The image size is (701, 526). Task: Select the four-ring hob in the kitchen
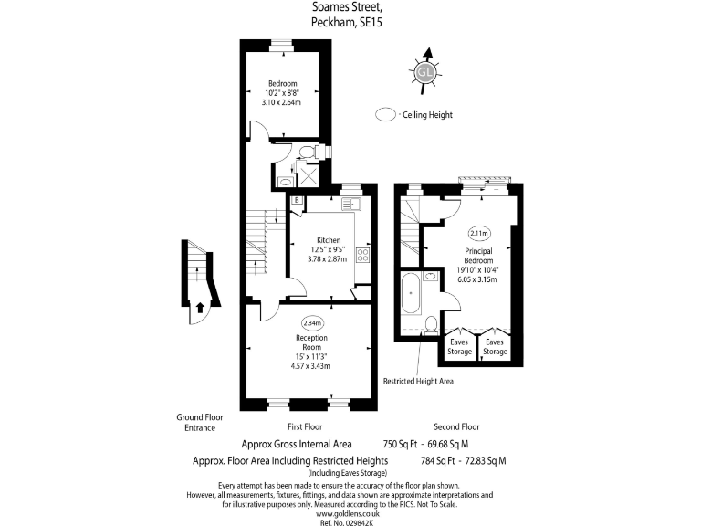pyautogui.click(x=361, y=253)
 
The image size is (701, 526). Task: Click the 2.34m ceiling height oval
pyautogui.click(x=312, y=322)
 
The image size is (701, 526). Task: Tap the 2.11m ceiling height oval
pyautogui.click(x=478, y=233)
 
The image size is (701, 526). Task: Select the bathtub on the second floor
pyautogui.click(x=411, y=291)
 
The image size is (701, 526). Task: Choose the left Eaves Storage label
pyautogui.click(x=459, y=347)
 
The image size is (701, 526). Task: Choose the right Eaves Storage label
pyautogui.click(x=494, y=347)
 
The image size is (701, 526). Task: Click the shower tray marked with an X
pyautogui.click(x=310, y=174)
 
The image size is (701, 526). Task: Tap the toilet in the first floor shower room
pyautogui.click(x=308, y=151)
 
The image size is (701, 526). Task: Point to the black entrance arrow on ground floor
pyautogui.click(x=198, y=307)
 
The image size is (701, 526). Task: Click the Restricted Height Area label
pyautogui.click(x=417, y=381)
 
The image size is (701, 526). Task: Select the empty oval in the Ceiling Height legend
pyautogui.click(x=387, y=115)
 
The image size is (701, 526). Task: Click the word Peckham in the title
pyautogui.click(x=334, y=21)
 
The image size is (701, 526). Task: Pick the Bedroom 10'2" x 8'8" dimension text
pyautogui.click(x=284, y=93)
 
